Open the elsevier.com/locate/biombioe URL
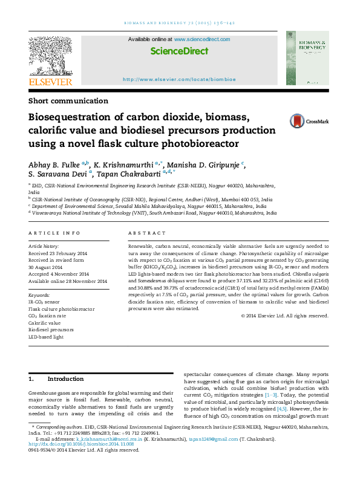point(179,79)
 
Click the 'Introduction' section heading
point(65,379)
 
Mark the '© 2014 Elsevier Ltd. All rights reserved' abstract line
point(285,316)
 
